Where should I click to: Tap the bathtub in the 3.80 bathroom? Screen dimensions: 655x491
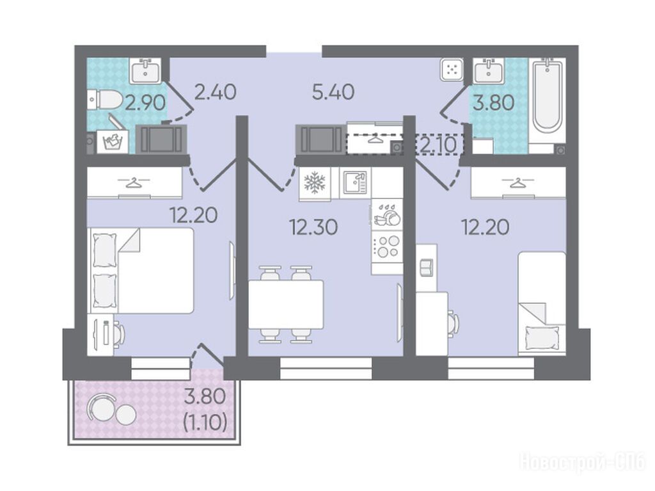548,95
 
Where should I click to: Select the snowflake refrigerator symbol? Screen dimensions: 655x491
315,183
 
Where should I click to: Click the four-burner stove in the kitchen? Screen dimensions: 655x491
387,246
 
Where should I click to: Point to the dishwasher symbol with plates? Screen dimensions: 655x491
387,214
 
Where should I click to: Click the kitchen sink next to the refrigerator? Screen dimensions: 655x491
355,183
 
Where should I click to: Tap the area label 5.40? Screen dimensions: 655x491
333,92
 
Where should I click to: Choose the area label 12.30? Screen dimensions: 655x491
313,227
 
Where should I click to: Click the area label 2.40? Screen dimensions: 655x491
216,92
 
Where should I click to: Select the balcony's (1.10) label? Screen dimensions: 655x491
205,423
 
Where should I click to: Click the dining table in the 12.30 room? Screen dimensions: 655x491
286,305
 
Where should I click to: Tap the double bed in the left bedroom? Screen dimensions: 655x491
140,270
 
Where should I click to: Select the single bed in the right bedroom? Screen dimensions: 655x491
542,303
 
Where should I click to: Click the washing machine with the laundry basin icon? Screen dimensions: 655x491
113,141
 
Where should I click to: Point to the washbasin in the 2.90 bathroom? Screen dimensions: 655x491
145,70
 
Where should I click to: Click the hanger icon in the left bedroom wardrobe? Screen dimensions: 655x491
133,182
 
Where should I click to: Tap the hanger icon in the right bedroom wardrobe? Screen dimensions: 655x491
517,182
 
